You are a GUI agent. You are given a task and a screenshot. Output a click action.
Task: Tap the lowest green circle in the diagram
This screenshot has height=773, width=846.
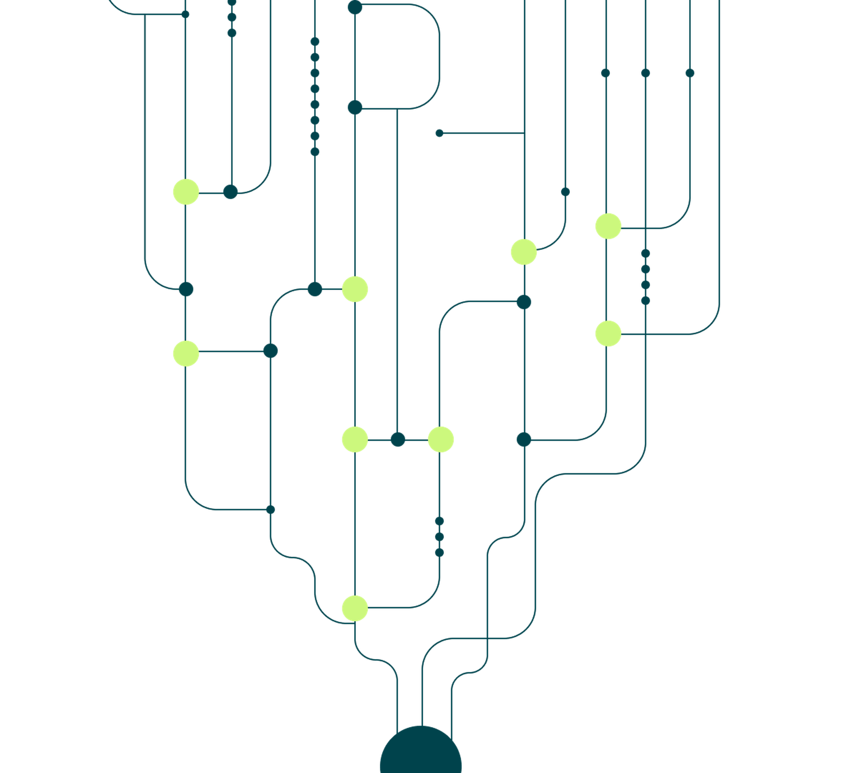[355, 608]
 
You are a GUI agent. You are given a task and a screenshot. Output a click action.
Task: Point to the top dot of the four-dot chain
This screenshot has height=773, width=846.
[646, 253]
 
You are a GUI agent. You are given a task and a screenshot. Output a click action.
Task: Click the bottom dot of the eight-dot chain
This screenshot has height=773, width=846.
[315, 152]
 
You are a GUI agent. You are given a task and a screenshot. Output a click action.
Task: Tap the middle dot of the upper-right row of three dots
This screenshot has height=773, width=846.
[646, 73]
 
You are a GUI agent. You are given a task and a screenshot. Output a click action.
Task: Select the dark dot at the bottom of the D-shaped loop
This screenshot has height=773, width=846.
[355, 107]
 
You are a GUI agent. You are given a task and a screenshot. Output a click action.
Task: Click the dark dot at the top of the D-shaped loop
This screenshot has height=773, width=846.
[355, 7]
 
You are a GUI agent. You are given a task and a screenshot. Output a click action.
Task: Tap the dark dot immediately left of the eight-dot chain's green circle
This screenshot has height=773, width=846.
[315, 289]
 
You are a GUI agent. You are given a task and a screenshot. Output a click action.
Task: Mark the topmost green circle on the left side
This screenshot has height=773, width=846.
[186, 192]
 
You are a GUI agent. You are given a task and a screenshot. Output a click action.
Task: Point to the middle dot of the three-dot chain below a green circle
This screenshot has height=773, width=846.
[439, 537]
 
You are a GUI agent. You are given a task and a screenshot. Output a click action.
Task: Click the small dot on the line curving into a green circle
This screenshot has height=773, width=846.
[565, 192]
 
